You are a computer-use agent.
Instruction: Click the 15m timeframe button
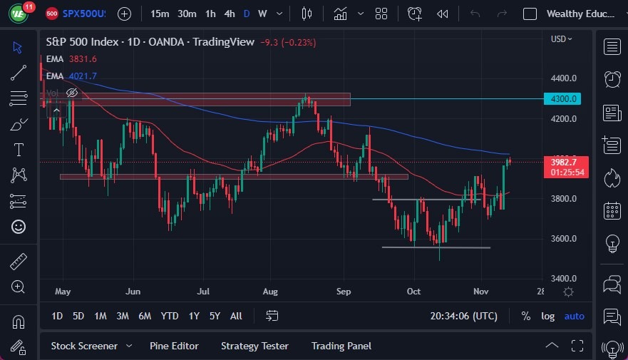(160, 14)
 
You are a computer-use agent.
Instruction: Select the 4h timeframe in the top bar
(229, 14)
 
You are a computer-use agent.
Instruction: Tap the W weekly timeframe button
(262, 14)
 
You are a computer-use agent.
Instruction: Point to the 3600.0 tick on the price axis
(563, 238)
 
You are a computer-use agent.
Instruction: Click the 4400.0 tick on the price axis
(563, 78)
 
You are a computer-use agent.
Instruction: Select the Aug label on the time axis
(270, 291)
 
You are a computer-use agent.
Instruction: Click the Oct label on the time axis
(413, 291)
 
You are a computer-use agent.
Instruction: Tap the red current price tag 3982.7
(568, 163)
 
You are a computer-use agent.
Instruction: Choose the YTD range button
(170, 316)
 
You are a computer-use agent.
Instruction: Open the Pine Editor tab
(174, 346)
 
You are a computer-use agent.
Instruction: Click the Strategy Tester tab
(254, 346)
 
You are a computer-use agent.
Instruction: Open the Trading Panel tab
(341, 346)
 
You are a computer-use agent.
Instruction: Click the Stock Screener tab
(84, 346)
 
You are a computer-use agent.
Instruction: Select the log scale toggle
(547, 316)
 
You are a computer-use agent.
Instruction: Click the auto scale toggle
(574, 316)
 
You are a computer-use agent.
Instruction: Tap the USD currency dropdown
(561, 38)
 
